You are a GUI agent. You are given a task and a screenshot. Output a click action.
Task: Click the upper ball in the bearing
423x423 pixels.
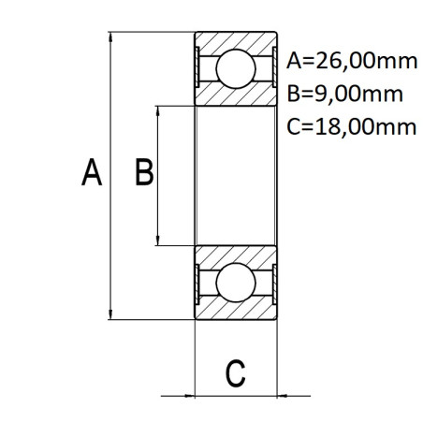pos(236,68)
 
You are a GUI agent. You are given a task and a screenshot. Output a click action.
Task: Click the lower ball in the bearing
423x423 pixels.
pos(236,283)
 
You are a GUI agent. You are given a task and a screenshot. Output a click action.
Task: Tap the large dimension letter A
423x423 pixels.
pos(92,172)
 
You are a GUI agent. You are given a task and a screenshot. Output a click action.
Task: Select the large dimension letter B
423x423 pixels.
pos(144,172)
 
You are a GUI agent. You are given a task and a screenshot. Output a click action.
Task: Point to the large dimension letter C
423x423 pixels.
pos(235,373)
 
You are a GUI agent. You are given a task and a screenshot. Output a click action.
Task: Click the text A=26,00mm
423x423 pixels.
pos(352,61)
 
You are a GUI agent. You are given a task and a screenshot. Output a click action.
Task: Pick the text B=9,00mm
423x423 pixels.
pos(344,94)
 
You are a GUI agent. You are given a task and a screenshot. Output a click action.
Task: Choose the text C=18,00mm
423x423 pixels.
pos(351,127)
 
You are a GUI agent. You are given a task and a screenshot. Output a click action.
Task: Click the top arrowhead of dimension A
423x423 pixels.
pos(110,36)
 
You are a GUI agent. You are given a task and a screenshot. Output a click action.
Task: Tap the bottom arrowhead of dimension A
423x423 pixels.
pos(110,314)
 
